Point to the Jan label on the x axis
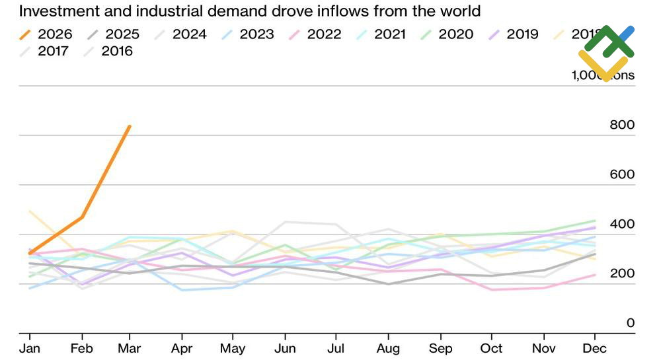coord(28,348)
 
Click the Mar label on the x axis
coord(130,348)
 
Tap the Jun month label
coord(284,348)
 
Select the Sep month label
coord(440,348)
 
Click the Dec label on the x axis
coord(595,348)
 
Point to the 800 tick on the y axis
coord(621,125)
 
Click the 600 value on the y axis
coord(621,174)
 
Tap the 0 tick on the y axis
coord(630,323)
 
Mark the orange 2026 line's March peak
coord(130,126)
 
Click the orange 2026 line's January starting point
coord(29,253)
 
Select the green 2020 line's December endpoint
coord(595,221)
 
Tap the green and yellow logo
coord(607,53)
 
